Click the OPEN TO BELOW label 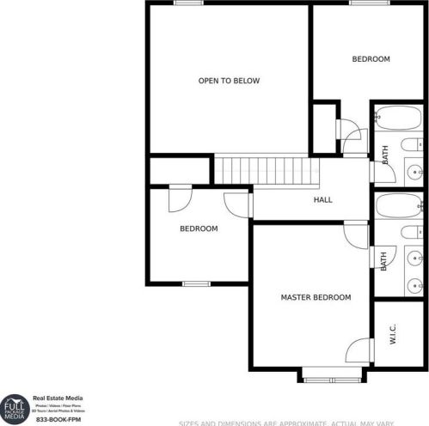point(229,81)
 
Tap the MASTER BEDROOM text point(316,297)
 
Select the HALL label point(322,199)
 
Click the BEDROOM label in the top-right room point(371,59)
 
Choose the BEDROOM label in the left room point(198,229)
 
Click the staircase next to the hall point(260,168)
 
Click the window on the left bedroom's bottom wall point(196,283)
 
